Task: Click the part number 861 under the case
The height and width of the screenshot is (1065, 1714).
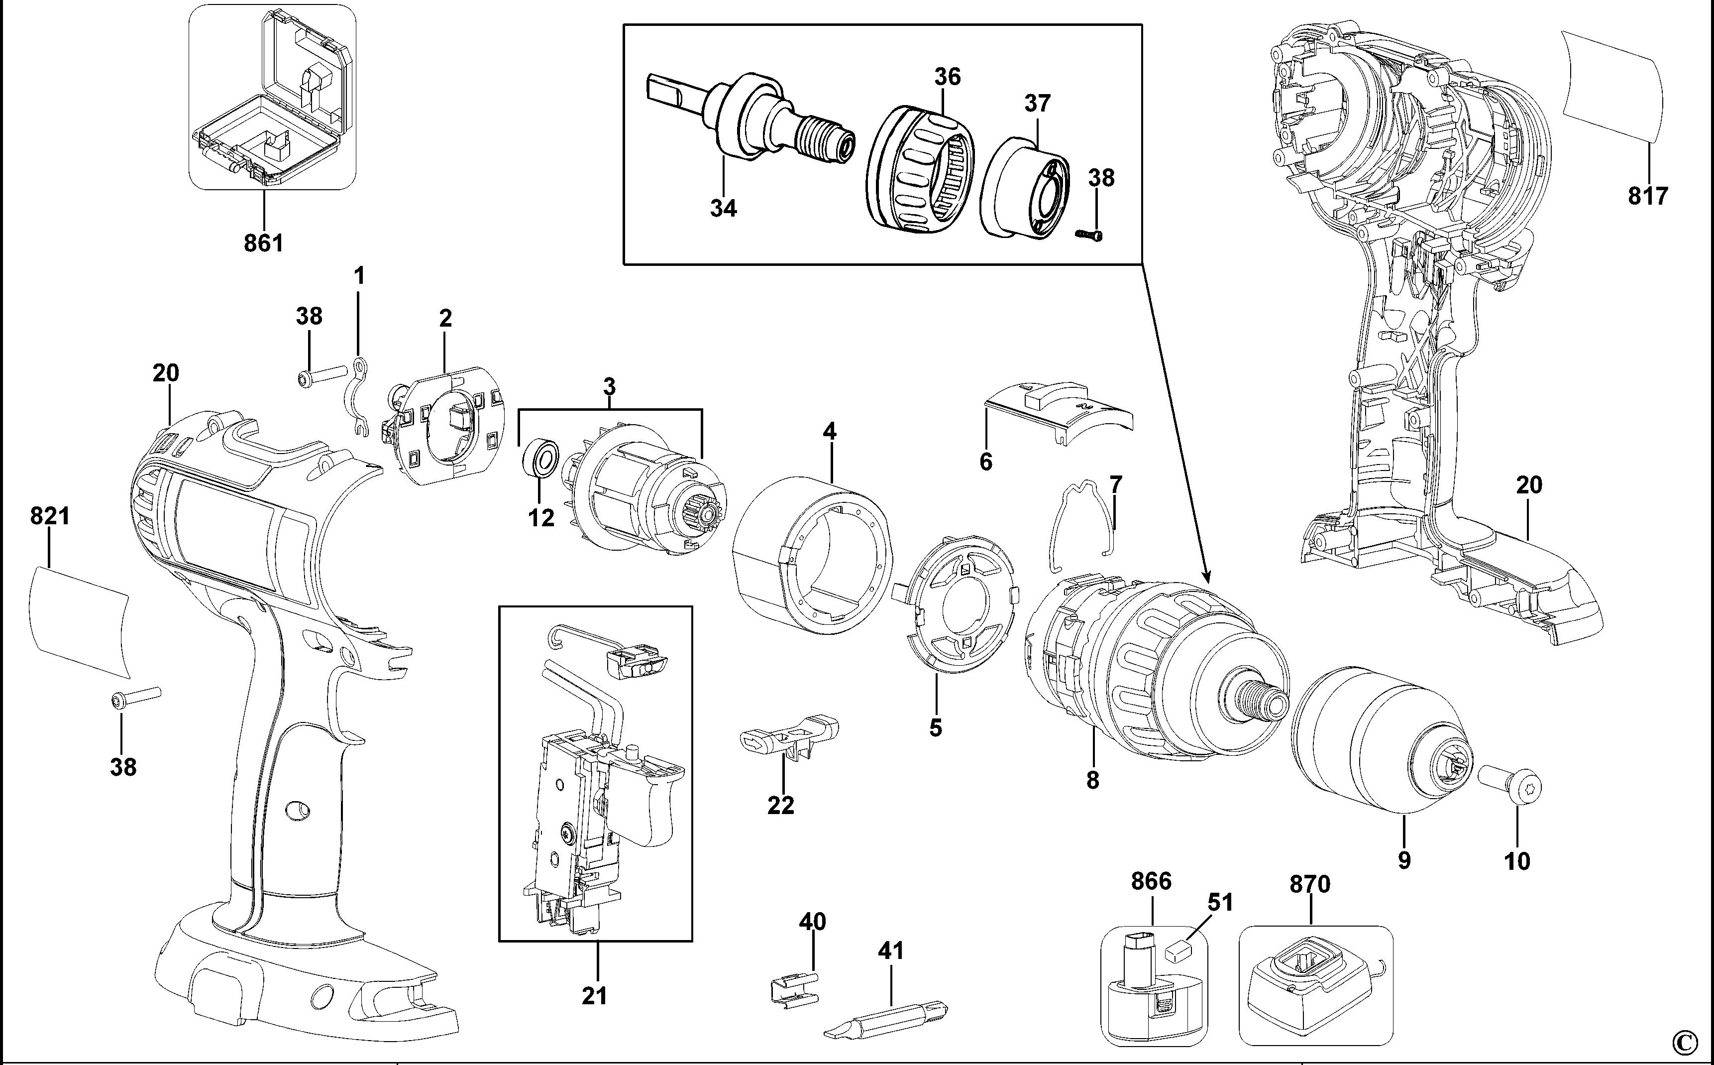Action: (263, 243)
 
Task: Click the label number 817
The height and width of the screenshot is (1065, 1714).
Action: (1648, 195)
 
